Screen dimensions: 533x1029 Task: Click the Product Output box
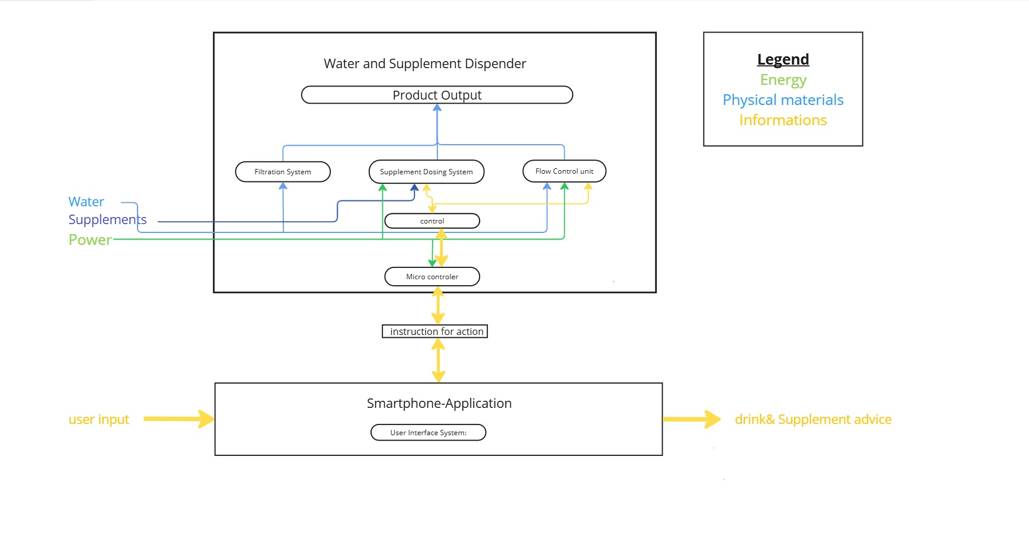(437, 95)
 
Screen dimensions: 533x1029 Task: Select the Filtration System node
(283, 172)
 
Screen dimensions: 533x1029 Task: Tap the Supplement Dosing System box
(426, 172)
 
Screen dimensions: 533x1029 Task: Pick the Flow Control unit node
(564, 171)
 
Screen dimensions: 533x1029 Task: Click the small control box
(432, 221)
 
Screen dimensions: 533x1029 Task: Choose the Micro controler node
(432, 277)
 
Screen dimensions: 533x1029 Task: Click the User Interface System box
(428, 433)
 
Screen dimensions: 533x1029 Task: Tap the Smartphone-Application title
(439, 403)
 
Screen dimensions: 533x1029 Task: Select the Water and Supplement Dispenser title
(424, 63)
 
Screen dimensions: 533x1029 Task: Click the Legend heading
(782, 59)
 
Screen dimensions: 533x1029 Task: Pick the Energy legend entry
(783, 79)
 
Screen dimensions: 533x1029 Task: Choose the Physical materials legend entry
(782, 100)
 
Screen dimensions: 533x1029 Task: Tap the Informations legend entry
(782, 120)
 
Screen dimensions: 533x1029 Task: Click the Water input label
(86, 202)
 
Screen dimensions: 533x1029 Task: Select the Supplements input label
(107, 219)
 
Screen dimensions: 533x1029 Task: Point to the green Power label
(90, 240)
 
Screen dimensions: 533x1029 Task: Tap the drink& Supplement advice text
(813, 419)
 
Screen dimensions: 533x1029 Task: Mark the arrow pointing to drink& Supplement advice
(691, 419)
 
